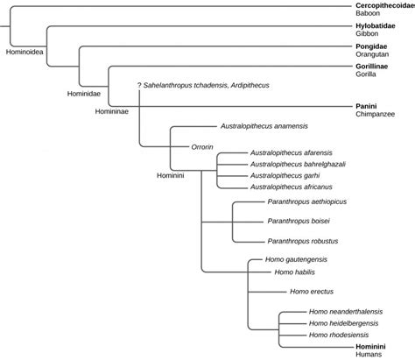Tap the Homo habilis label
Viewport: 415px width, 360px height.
(296, 272)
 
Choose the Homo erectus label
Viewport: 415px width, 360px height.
(311, 291)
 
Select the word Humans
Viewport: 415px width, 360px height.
(357, 354)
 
